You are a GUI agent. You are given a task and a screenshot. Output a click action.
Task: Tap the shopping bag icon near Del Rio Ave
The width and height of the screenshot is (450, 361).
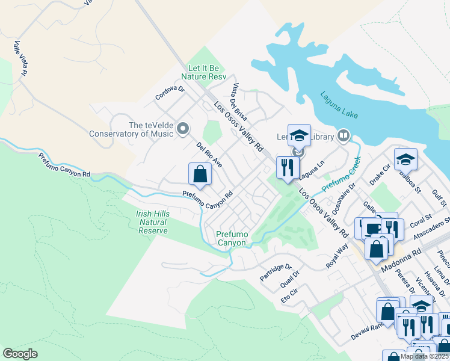(200, 174)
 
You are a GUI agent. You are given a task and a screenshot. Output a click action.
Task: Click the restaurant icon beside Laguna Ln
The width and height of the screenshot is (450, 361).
(288, 167)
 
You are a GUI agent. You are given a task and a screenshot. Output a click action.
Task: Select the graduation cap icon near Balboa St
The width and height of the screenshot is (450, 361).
(405, 160)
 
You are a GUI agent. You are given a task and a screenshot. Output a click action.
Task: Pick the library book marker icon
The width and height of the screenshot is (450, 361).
(344, 136)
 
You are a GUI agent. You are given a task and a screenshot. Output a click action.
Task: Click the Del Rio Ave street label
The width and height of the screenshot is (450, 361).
(209, 155)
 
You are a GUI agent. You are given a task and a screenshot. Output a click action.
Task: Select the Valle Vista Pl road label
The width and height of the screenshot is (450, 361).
(20, 58)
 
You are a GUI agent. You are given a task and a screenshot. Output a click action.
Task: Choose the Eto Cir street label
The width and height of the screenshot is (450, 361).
(289, 294)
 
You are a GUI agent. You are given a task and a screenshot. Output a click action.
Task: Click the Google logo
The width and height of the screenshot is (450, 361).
(20, 354)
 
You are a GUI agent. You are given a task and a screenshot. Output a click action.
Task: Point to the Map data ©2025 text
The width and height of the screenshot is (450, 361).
(424, 356)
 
